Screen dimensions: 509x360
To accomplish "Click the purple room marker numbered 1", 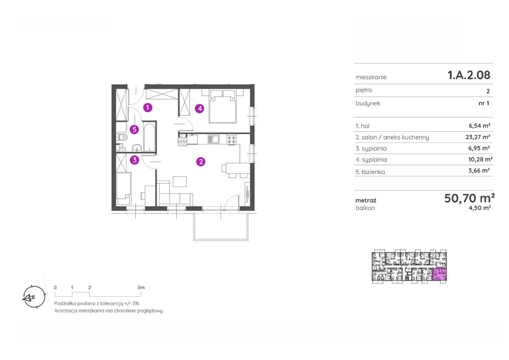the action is [x=148, y=107].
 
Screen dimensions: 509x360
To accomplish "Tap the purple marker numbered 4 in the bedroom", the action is [x=200, y=109].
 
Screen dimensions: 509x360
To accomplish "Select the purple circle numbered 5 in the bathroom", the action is [x=134, y=130].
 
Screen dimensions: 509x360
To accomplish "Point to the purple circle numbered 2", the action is [x=201, y=162].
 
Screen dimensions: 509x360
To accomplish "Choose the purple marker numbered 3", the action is [x=134, y=160].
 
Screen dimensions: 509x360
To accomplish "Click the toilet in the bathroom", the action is [x=122, y=137].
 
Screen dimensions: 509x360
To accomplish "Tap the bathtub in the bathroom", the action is [x=150, y=137].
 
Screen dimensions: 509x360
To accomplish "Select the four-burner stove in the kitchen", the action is [x=231, y=139].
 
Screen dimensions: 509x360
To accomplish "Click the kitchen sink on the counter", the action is [x=214, y=139].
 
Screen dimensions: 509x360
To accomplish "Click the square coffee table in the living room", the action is [x=180, y=181].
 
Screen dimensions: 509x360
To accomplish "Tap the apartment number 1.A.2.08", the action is [x=469, y=75].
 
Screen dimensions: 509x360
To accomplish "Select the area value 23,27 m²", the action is [x=478, y=137].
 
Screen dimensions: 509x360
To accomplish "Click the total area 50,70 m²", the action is [x=470, y=198].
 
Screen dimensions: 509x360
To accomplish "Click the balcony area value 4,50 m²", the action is [x=480, y=208].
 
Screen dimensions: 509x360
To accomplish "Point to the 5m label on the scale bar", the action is [x=141, y=288].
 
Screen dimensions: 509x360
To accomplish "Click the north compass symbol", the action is [x=34, y=297].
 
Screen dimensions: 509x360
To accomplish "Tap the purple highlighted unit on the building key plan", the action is [x=439, y=275].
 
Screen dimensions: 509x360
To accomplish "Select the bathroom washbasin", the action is [x=137, y=148].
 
